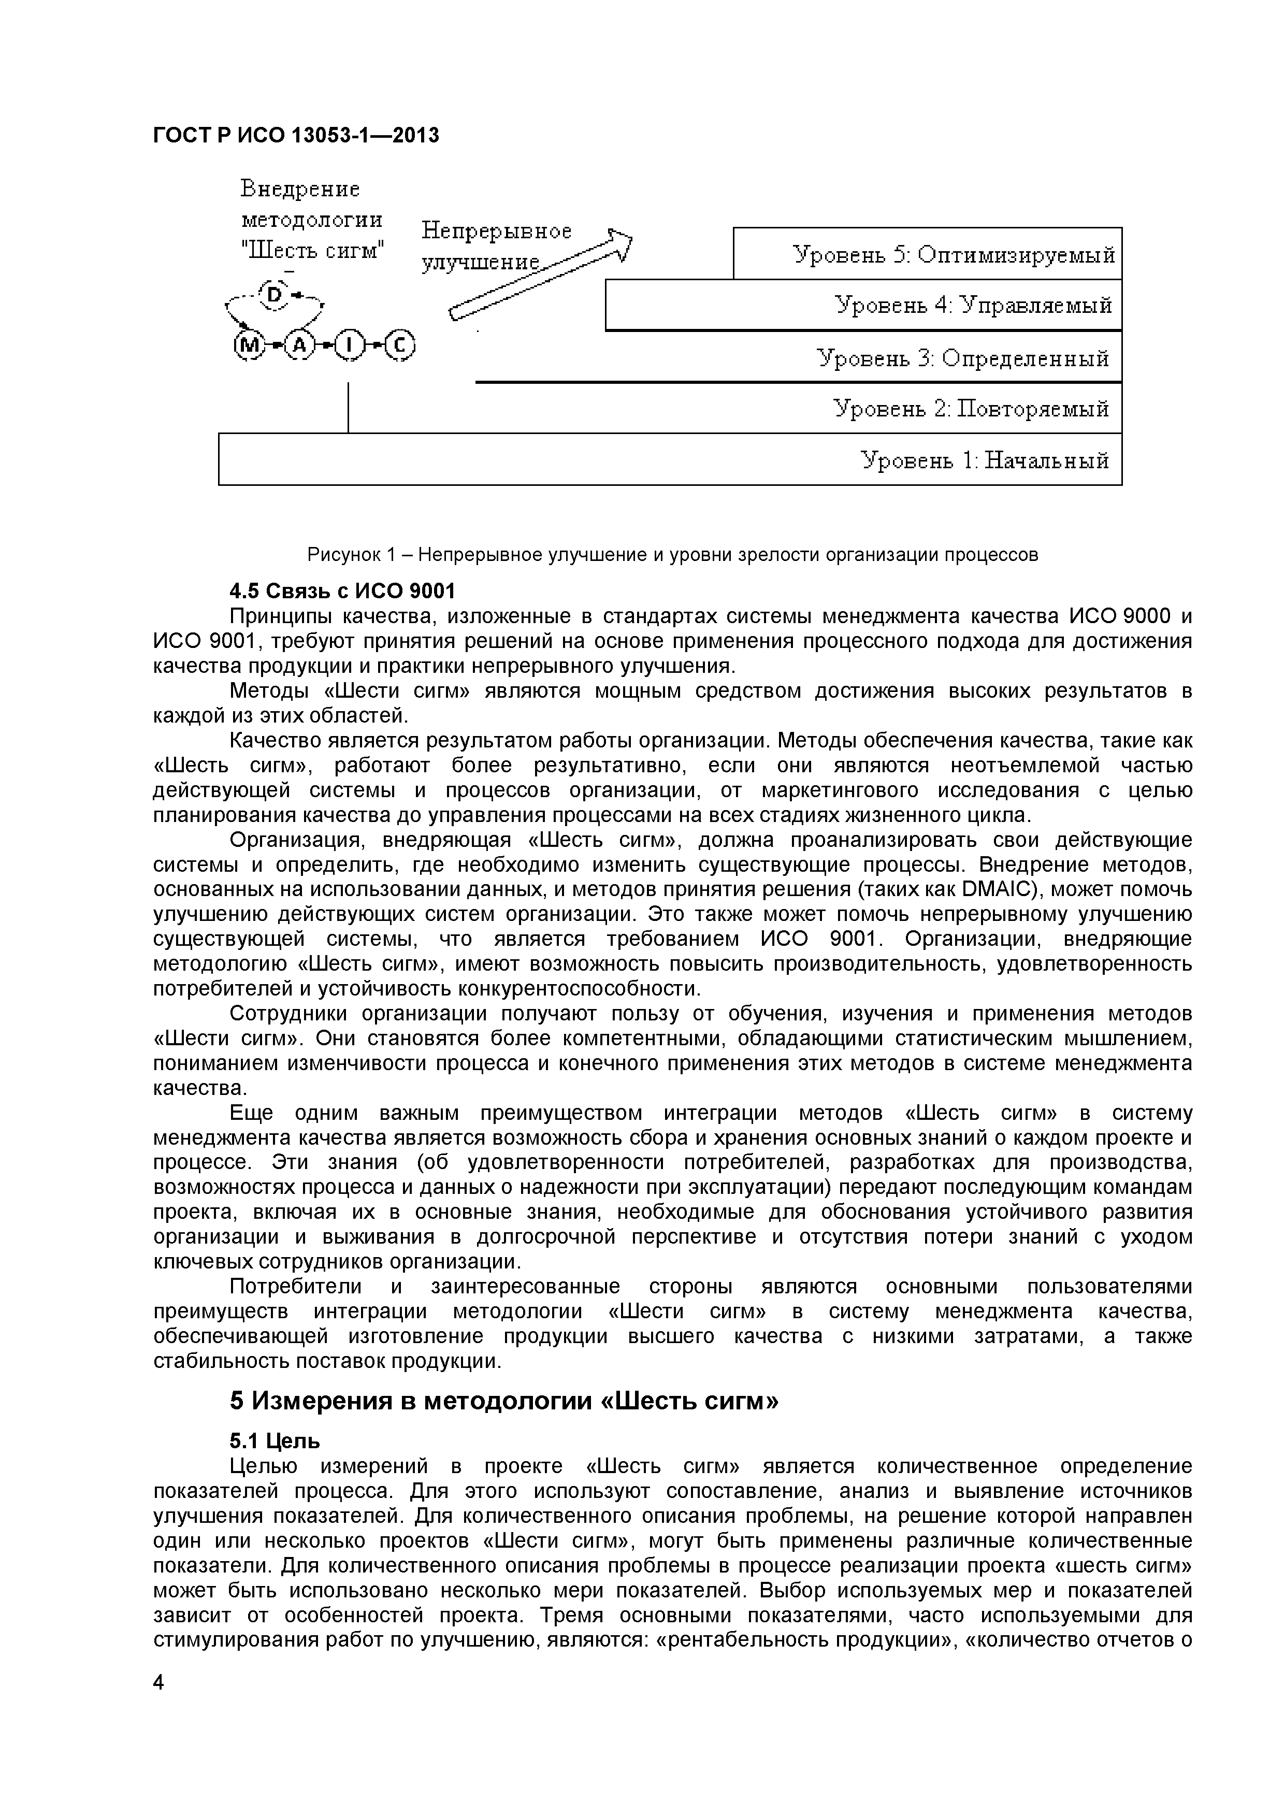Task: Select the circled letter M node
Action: coord(249,346)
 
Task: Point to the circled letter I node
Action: coord(350,346)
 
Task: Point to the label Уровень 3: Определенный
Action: coord(963,358)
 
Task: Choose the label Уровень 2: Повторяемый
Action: coord(971,409)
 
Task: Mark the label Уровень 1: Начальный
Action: coord(984,460)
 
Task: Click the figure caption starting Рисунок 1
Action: coord(672,555)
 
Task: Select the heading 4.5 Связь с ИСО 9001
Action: coord(342,591)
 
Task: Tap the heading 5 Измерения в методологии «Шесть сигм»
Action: coord(504,1401)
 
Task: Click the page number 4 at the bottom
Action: coord(159,1705)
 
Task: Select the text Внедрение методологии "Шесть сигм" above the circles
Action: coord(312,220)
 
